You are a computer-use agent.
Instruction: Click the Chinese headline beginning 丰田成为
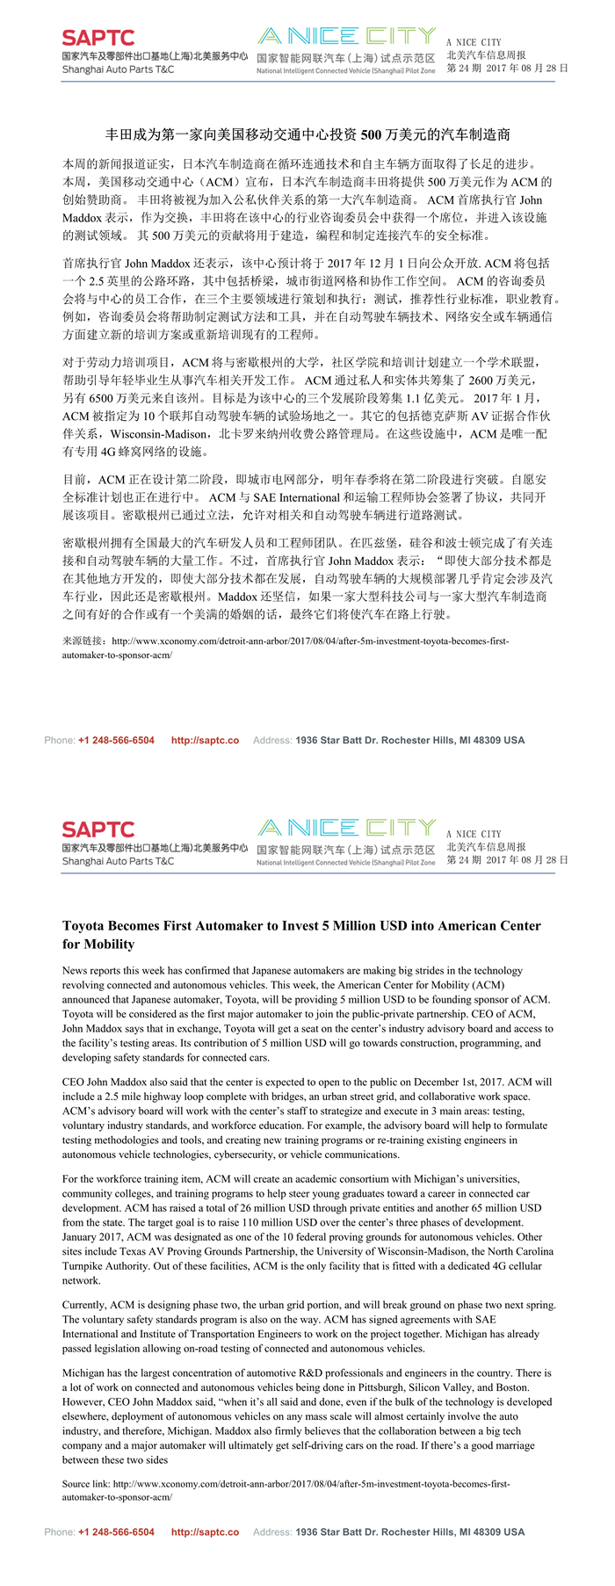[307, 135]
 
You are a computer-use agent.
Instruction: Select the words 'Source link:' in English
[88, 1483]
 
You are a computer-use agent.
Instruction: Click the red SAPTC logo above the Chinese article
[98, 38]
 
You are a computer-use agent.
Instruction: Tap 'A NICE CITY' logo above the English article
[346, 828]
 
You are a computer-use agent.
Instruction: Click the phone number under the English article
[116, 1532]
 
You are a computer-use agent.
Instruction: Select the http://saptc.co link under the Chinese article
[205, 740]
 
